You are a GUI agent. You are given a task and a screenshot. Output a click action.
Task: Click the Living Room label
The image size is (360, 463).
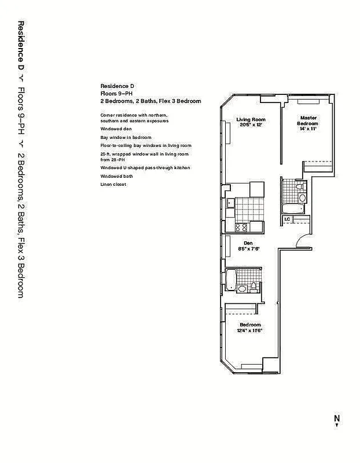[250, 120]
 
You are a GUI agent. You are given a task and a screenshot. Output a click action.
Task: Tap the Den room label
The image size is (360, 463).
[248, 243]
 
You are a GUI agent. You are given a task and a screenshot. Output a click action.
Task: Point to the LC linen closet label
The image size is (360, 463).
[287, 219]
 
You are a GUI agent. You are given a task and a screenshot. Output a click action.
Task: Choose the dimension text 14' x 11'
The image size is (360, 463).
[307, 129]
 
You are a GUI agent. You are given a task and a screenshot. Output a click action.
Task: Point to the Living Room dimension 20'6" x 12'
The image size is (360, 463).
[250, 126]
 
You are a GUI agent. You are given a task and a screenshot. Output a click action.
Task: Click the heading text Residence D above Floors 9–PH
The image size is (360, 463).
[113, 86]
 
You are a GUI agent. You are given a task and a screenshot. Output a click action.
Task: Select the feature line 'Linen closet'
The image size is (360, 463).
[113, 184]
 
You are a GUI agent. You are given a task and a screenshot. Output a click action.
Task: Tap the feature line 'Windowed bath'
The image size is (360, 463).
[116, 176]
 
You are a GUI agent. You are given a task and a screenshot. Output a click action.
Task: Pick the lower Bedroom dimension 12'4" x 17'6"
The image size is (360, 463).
[250, 331]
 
